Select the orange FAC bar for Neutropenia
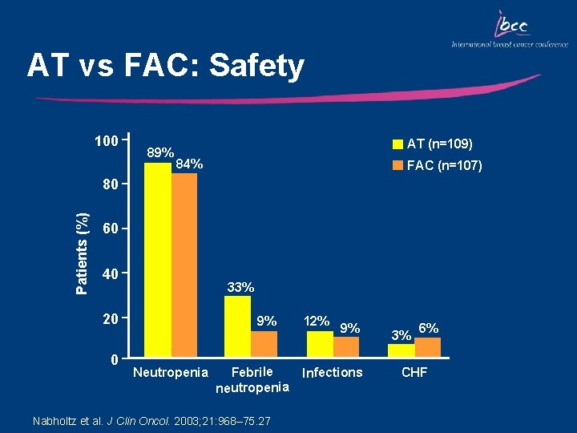click(184, 264)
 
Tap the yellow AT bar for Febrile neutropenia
click(238, 325)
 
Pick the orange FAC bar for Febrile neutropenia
click(264, 342)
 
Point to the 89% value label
click(161, 152)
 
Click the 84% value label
click(189, 164)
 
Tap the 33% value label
click(240, 287)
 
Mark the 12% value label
click(317, 321)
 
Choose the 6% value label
click(428, 328)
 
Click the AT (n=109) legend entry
click(433, 144)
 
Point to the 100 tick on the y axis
click(106, 142)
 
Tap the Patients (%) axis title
click(83, 253)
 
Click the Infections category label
click(332, 372)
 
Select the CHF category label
click(414, 372)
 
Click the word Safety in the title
click(256, 66)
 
